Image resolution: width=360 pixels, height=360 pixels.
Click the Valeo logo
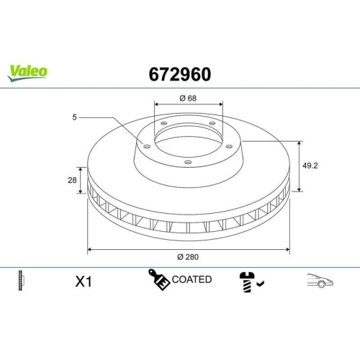pos(29,71)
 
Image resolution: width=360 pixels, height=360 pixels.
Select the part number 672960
pos(180,73)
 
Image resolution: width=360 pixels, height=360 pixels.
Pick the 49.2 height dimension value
pos(310,165)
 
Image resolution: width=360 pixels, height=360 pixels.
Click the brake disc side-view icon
pos(20,280)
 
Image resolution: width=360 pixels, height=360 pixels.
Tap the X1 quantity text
pos(85,281)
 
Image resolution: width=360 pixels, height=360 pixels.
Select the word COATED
pos(192,279)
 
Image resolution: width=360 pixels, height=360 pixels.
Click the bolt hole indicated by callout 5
pos(147,147)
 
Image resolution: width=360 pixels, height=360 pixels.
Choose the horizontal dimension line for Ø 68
pos(189,106)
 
